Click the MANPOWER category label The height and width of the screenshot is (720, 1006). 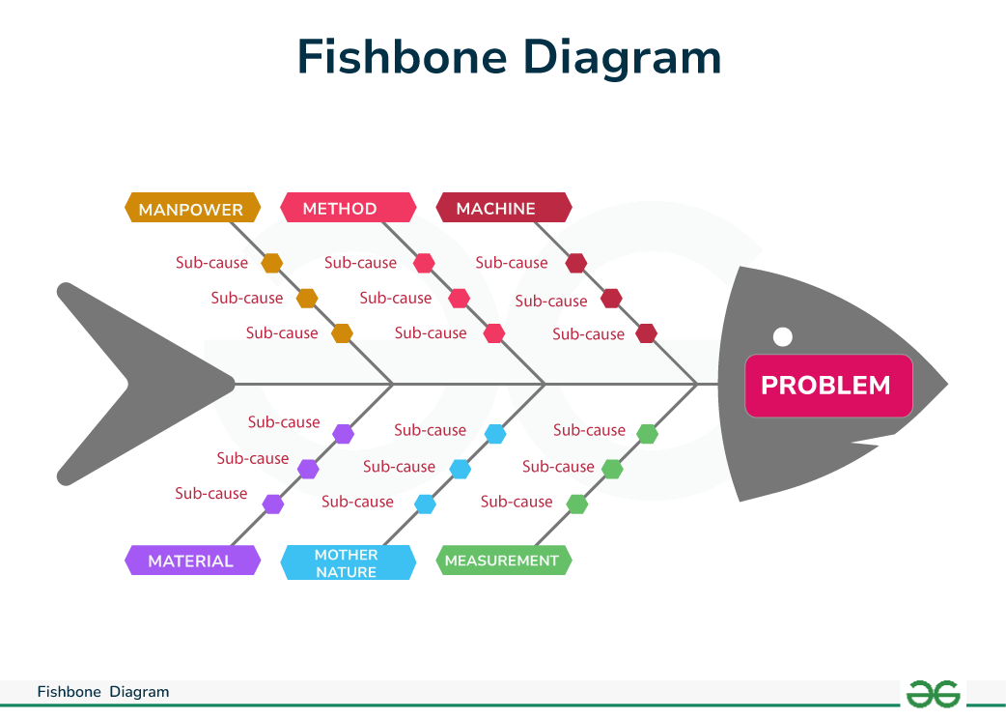coord(192,209)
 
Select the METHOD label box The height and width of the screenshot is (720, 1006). coord(348,208)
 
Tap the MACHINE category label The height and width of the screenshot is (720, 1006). coord(503,208)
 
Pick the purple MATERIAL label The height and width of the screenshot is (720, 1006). coord(192,561)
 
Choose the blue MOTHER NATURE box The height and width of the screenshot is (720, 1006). coord(348,562)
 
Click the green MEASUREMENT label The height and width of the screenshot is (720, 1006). coord(503,561)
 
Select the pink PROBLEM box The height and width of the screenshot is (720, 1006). coord(827,386)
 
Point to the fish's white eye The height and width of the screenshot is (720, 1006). coord(783,336)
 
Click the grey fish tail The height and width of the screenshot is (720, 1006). coord(126,384)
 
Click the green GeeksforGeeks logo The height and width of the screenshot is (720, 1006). coord(932,693)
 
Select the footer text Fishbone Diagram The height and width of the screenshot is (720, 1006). coord(103,692)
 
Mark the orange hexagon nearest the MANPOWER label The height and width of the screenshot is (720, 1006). coord(272,263)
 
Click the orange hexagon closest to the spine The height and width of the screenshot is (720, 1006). coord(342,333)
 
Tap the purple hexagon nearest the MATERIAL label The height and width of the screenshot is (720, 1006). coord(273,504)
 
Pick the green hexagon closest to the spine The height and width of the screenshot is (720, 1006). coord(647,434)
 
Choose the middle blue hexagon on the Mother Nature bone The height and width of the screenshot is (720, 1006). coord(461,469)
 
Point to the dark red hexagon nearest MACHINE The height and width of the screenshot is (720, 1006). coord(576,263)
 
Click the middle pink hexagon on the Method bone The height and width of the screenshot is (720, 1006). coord(459,298)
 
